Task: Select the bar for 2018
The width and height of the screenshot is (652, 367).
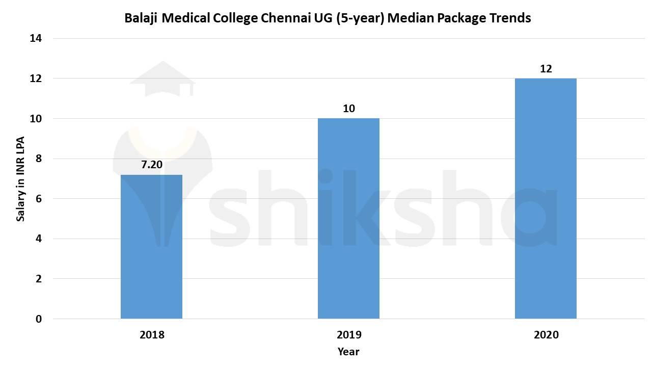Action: coord(151,247)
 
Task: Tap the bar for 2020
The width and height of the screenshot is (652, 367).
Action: coord(546,198)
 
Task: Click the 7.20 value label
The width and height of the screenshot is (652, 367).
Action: coord(151,165)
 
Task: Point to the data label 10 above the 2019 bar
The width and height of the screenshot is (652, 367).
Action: coord(348,109)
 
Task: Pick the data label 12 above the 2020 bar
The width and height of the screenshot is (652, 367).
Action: coord(546,68)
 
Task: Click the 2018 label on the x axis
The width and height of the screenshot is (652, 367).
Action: coord(151,335)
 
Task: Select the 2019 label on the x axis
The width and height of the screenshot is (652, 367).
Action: coord(348,335)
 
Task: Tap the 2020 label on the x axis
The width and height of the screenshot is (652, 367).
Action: coord(546,335)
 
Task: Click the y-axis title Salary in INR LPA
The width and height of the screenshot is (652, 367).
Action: coord(20,179)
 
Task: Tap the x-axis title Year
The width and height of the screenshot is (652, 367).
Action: coord(348,352)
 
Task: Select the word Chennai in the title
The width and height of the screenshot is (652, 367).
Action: coord(282,18)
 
